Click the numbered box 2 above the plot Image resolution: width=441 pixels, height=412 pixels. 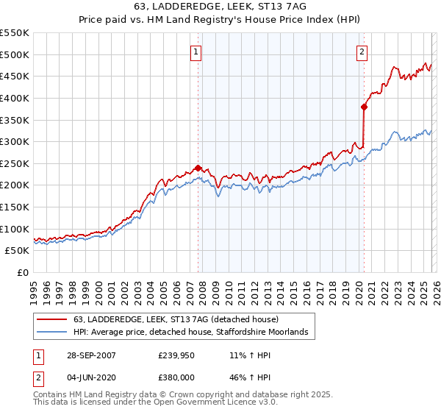(363, 51)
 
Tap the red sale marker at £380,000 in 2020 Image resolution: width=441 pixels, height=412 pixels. (364, 106)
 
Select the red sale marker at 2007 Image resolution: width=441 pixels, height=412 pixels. (198, 168)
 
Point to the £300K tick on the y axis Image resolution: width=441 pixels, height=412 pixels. (16, 141)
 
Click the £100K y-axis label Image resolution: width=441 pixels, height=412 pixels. (16, 229)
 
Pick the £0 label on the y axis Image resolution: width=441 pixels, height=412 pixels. (23, 272)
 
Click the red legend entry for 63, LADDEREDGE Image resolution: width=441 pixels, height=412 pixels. (176, 319)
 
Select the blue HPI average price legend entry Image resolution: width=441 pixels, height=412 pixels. (194, 333)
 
